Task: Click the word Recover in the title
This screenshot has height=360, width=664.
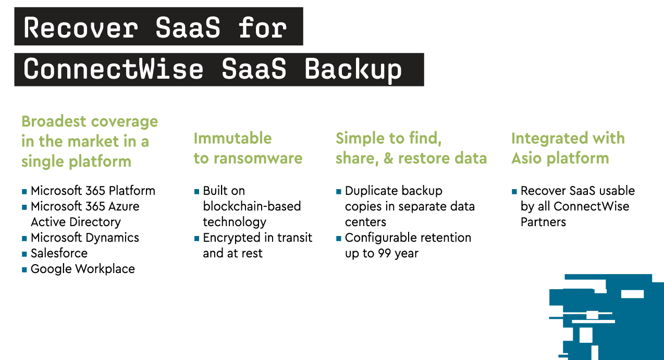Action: click(x=81, y=28)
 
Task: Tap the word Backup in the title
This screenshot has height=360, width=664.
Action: click(x=353, y=69)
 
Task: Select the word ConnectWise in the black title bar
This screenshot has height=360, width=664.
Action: click(x=114, y=69)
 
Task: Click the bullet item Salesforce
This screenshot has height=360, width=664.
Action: click(x=59, y=253)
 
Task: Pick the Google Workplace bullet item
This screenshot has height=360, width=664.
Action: click(x=83, y=269)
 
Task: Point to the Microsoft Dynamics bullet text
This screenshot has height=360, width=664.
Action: click(x=85, y=238)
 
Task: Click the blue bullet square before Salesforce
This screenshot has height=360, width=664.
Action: click(x=24, y=254)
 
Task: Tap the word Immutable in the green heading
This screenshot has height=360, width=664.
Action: click(x=232, y=139)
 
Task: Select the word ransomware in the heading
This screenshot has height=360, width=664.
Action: click(x=258, y=158)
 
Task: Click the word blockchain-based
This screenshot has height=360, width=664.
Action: click(x=252, y=206)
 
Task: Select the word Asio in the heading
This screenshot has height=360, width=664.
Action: click(x=527, y=158)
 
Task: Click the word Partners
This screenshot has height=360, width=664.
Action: click(x=544, y=222)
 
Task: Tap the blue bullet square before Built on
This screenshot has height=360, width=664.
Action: click(x=196, y=191)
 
